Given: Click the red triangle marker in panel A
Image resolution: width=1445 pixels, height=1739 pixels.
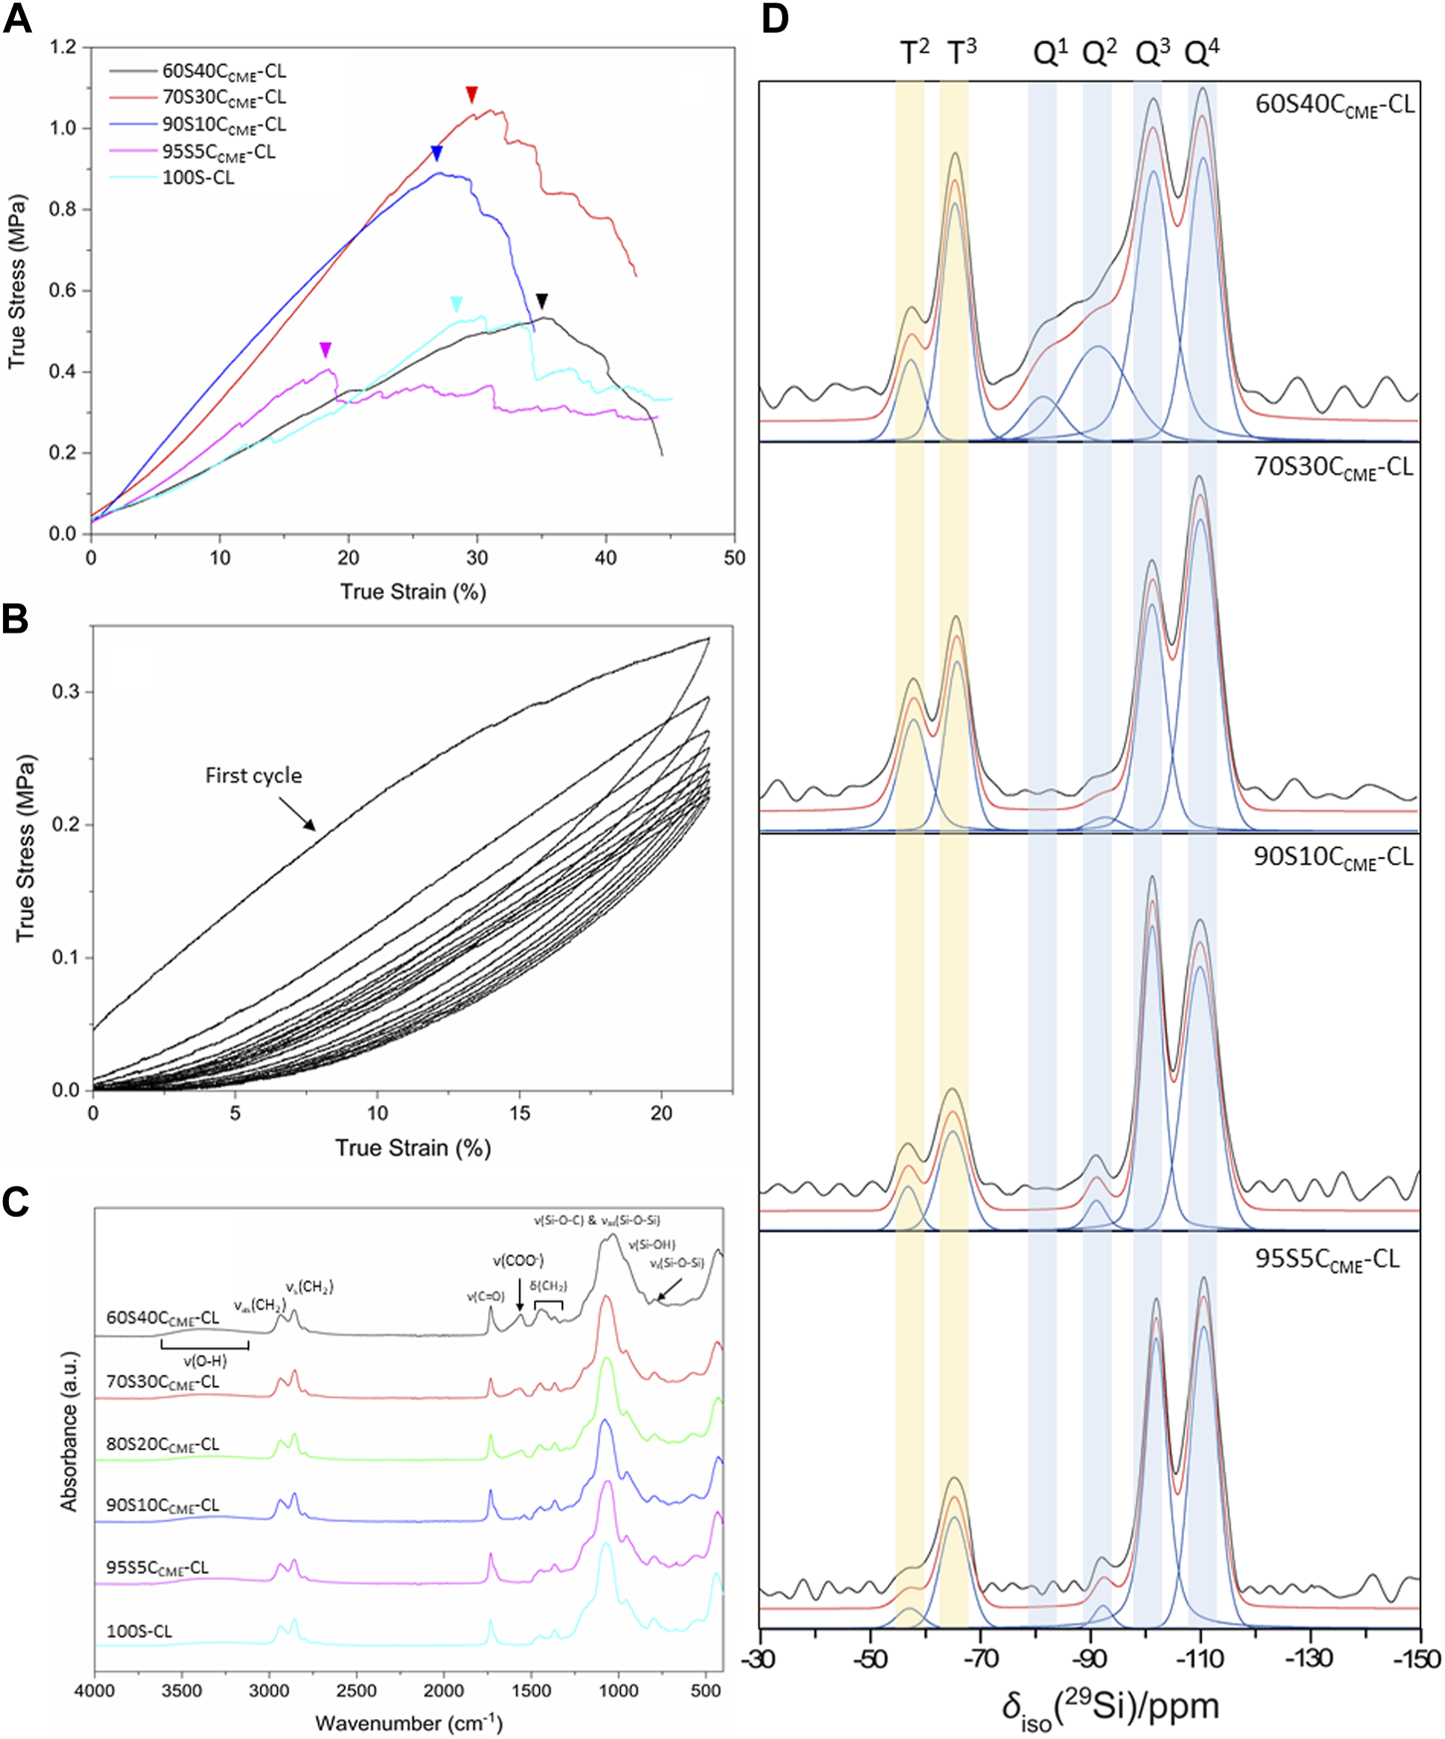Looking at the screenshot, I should click(472, 95).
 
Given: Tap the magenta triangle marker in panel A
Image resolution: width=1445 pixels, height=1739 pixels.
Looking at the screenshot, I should click(325, 350).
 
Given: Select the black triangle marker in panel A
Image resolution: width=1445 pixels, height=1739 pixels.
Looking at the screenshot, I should click(541, 301).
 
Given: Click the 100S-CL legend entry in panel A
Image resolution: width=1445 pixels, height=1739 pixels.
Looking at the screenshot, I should click(197, 178).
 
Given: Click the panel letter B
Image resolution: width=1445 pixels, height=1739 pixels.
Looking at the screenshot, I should click(15, 620).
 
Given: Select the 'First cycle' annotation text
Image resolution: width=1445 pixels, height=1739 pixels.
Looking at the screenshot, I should click(253, 775).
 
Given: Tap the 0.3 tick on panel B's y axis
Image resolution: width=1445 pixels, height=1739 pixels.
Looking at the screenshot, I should click(66, 692).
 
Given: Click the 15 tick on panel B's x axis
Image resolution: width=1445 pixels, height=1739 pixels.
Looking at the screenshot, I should click(519, 1113).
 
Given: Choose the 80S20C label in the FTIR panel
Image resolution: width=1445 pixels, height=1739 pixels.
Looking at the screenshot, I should click(162, 1445).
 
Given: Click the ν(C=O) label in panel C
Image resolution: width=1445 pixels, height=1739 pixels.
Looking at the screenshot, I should click(486, 1297).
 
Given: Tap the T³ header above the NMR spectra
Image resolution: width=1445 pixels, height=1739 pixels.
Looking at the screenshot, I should click(960, 53).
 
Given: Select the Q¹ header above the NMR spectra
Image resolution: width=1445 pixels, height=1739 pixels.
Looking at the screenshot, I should click(1049, 53).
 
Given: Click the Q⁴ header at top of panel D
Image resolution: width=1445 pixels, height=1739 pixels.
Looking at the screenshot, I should click(1201, 53).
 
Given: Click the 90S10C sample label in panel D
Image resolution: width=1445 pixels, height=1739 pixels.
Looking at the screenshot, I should click(1333, 857).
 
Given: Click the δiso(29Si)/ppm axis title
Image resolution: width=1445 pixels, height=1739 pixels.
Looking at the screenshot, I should click(1110, 1708).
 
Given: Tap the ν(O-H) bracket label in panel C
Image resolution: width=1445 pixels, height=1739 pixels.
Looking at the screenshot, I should click(204, 1361).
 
